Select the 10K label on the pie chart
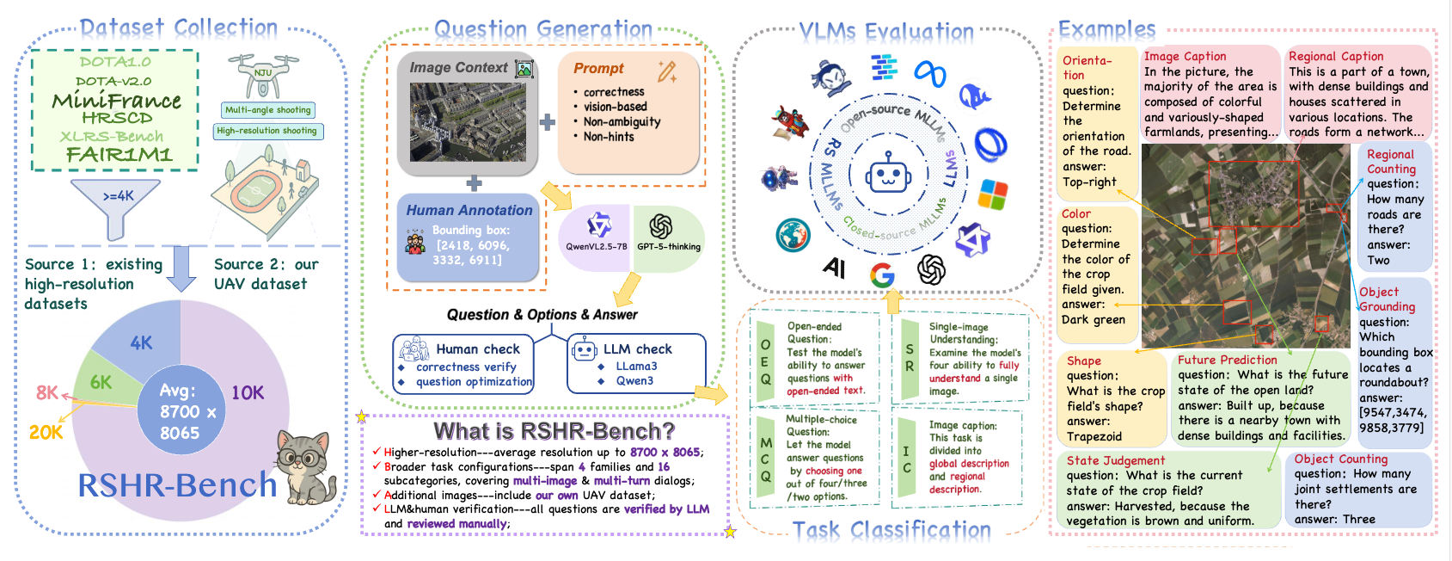(x=248, y=393)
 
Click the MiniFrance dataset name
(x=116, y=101)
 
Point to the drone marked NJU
(x=263, y=72)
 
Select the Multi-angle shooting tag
(x=268, y=110)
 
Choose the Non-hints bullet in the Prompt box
(x=608, y=137)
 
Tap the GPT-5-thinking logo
(x=661, y=226)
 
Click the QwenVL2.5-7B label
(x=596, y=247)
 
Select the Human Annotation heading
(x=469, y=210)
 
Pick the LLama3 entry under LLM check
(x=636, y=367)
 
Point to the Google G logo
(x=882, y=275)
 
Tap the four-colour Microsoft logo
(x=993, y=194)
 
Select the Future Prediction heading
(x=1227, y=360)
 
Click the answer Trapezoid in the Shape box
(x=1094, y=436)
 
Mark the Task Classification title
(x=891, y=530)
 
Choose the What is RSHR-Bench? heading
(x=554, y=430)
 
